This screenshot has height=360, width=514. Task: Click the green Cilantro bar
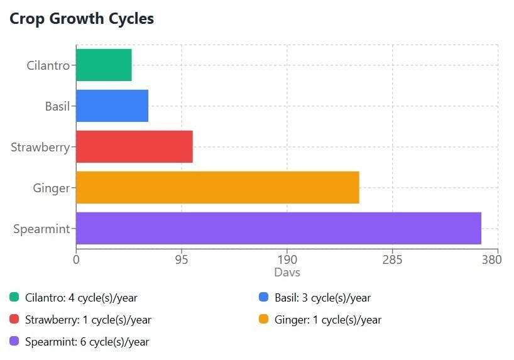(104, 65)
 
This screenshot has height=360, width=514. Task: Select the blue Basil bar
(112, 106)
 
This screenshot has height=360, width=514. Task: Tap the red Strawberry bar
(134, 146)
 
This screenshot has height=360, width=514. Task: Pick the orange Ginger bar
(217, 187)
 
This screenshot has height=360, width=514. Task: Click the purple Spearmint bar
(278, 228)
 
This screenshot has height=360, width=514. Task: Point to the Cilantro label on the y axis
(48, 65)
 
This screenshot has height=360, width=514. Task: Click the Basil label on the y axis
(57, 106)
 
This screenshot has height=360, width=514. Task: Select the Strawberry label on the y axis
(40, 147)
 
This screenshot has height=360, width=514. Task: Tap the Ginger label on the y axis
(51, 188)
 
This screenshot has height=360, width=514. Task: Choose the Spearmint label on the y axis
(41, 229)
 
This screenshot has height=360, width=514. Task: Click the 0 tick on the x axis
(76, 259)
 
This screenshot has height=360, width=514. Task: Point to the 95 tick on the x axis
(182, 259)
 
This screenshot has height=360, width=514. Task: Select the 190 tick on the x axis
(287, 259)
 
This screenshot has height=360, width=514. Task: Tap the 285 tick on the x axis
(393, 259)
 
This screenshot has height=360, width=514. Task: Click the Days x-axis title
(287, 273)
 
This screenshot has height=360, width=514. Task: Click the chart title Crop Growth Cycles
(82, 19)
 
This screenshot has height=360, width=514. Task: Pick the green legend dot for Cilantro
(14, 297)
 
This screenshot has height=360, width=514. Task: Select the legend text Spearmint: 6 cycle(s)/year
(87, 342)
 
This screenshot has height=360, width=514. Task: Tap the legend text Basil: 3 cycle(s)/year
(322, 298)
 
